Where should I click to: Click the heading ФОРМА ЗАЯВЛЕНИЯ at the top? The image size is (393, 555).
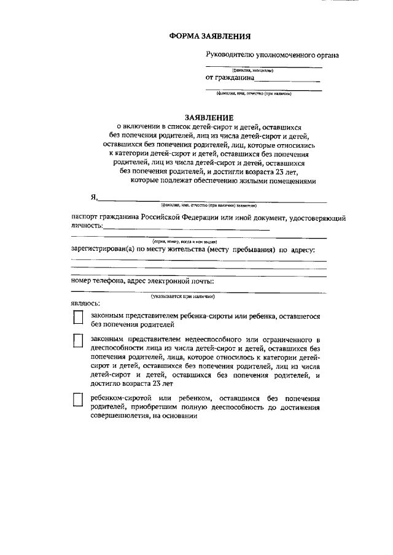tap(209, 37)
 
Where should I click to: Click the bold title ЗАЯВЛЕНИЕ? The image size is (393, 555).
tap(209, 117)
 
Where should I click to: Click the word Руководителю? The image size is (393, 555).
tap(230, 55)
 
